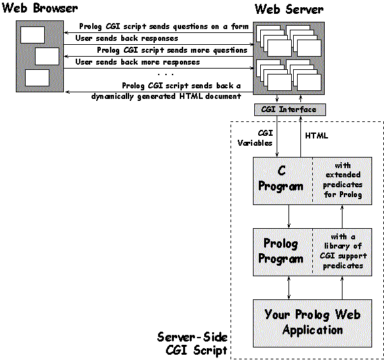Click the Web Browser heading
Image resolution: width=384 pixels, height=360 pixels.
click(x=40, y=8)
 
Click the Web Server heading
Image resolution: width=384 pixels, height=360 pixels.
click(x=289, y=9)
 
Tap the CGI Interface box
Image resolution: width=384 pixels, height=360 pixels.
click(x=290, y=109)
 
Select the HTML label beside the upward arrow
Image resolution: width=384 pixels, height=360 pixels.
click(x=316, y=136)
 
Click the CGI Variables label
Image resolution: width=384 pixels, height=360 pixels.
click(x=255, y=138)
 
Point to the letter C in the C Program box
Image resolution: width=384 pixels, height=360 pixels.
click(x=282, y=170)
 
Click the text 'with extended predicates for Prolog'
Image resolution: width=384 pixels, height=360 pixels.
click(x=343, y=180)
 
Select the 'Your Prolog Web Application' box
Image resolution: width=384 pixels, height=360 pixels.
click(x=312, y=323)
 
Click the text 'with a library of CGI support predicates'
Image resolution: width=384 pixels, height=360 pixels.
click(x=343, y=251)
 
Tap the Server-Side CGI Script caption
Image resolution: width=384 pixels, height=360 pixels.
click(x=192, y=344)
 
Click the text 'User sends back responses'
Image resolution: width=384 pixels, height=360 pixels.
click(x=126, y=38)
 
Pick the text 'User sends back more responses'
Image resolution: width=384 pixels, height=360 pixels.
click(x=138, y=62)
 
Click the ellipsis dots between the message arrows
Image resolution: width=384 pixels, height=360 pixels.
click(x=166, y=74)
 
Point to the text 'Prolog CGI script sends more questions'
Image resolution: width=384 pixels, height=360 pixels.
click(x=172, y=50)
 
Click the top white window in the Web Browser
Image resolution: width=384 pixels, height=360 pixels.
click(x=32, y=35)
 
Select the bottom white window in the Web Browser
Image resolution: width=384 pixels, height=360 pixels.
click(x=38, y=78)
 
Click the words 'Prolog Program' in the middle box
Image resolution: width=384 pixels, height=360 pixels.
click(x=281, y=251)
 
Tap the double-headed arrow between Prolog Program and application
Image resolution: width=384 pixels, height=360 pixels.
click(x=288, y=287)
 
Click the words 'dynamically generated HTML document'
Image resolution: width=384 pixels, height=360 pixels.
click(x=166, y=96)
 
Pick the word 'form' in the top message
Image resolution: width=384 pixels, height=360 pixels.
click(x=240, y=26)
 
